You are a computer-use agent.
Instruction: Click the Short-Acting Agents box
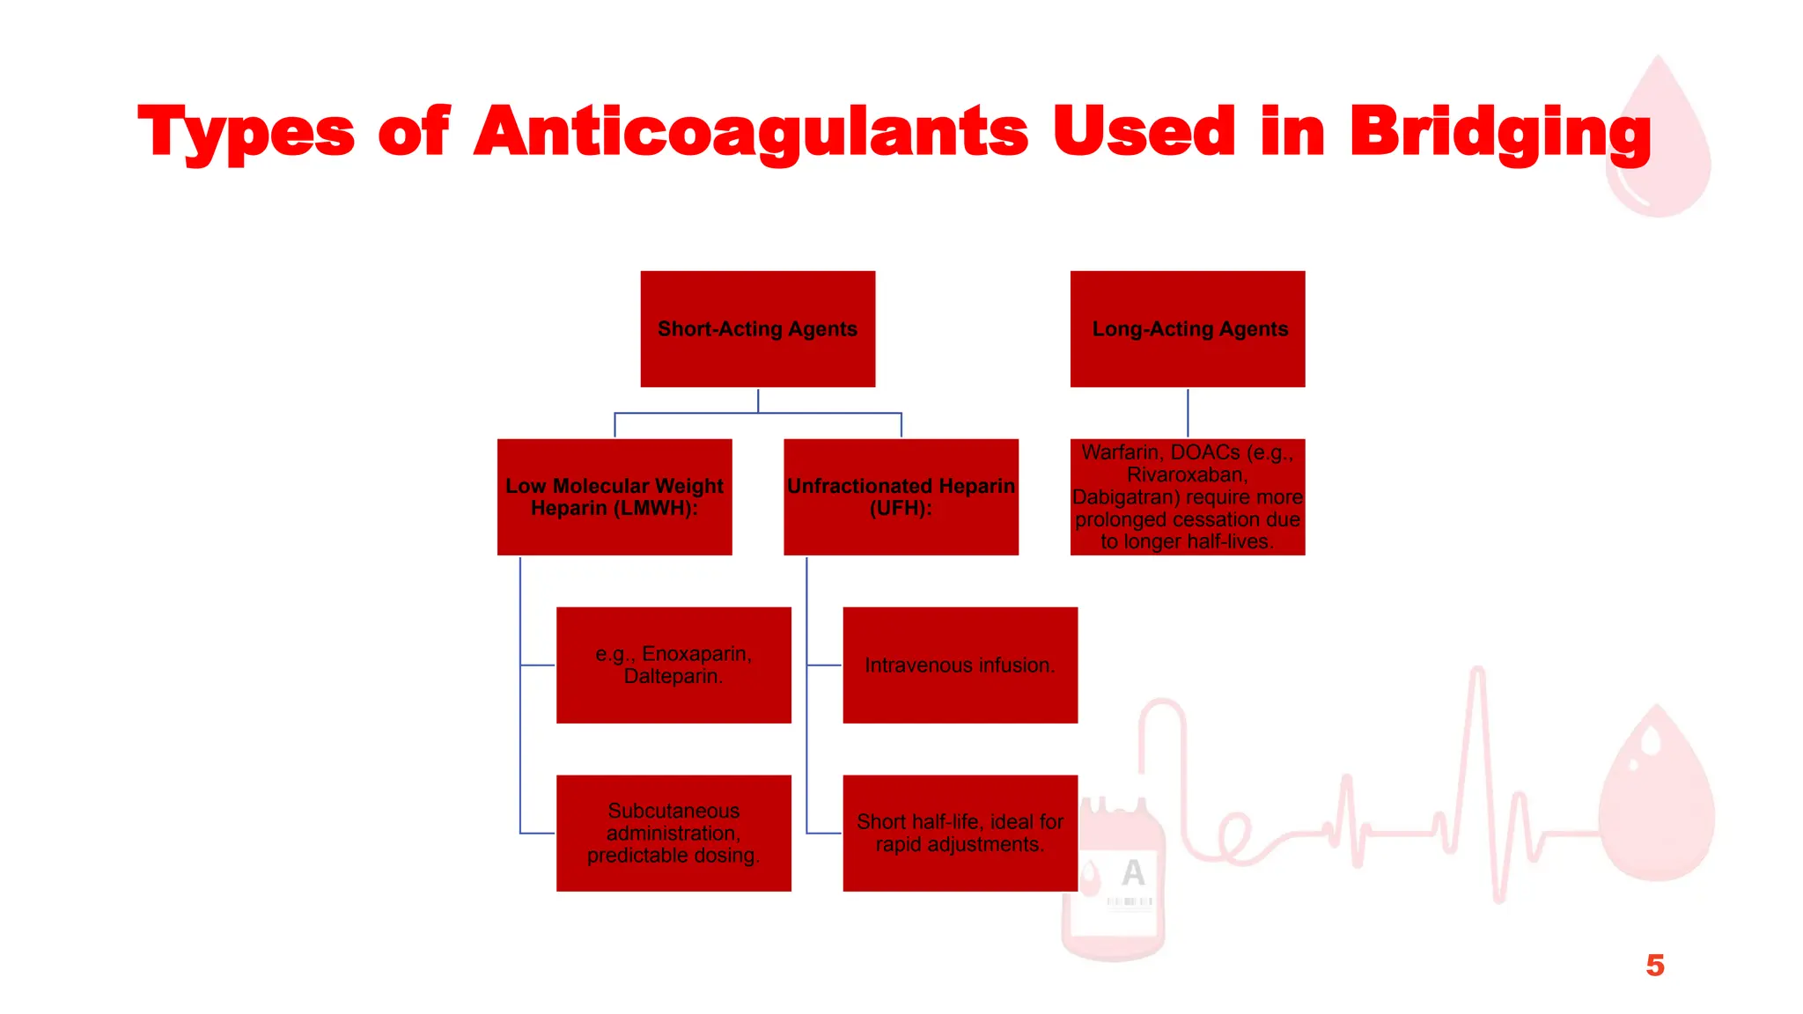[x=757, y=328]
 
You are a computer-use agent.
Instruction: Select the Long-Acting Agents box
[x=1187, y=328]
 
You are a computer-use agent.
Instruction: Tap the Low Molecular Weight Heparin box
[x=614, y=496]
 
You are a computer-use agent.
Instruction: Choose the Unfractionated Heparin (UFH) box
[x=901, y=496]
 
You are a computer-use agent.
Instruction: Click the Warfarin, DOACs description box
[x=1187, y=496]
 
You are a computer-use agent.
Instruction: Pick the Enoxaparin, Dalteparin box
[x=673, y=665]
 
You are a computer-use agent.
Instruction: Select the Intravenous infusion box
[x=960, y=665]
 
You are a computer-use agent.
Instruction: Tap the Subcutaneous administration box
[x=673, y=833]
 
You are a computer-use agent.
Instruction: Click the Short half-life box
[x=960, y=833]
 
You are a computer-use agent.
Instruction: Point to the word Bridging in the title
[x=1500, y=132]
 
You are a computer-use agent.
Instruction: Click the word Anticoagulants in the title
[x=750, y=132]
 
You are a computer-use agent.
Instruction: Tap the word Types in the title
[x=247, y=132]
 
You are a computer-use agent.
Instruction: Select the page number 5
[x=1655, y=966]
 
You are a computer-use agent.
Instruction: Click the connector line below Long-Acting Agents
[x=1188, y=413]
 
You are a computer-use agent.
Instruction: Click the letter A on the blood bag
[x=1133, y=872]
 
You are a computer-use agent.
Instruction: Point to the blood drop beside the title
[x=1659, y=141]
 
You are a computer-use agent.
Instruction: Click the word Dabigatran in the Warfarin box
[x=1125, y=497]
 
